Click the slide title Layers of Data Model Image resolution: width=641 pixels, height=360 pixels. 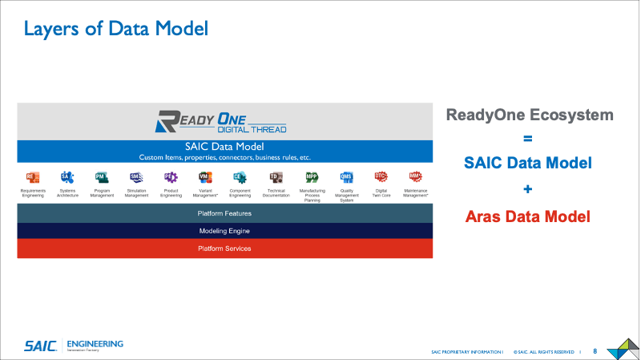click(x=115, y=30)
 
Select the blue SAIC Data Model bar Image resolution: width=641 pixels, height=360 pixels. click(x=224, y=151)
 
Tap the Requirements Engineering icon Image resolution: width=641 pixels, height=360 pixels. click(x=33, y=177)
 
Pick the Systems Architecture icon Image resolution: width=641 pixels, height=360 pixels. click(x=67, y=177)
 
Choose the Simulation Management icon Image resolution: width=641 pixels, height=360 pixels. click(x=136, y=177)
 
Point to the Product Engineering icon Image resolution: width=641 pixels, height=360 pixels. click(x=170, y=177)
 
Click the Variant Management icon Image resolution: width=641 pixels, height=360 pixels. click(x=204, y=177)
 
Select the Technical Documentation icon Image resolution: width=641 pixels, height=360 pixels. click(x=276, y=177)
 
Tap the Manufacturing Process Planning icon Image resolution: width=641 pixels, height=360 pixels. click(x=312, y=177)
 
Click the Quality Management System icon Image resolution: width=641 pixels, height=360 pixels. click(x=346, y=177)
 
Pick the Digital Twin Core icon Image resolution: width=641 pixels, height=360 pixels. click(x=381, y=177)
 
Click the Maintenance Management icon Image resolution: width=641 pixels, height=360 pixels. click(x=416, y=177)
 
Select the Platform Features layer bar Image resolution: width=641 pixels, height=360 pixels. click(x=224, y=213)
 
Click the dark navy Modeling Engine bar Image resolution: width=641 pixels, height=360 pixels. click(x=224, y=231)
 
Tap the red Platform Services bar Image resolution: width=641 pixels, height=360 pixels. click(x=224, y=249)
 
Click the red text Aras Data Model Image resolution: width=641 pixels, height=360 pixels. click(x=529, y=216)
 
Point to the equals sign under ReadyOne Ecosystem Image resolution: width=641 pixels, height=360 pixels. click(x=529, y=138)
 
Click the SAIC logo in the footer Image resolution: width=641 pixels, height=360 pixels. click(x=39, y=346)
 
